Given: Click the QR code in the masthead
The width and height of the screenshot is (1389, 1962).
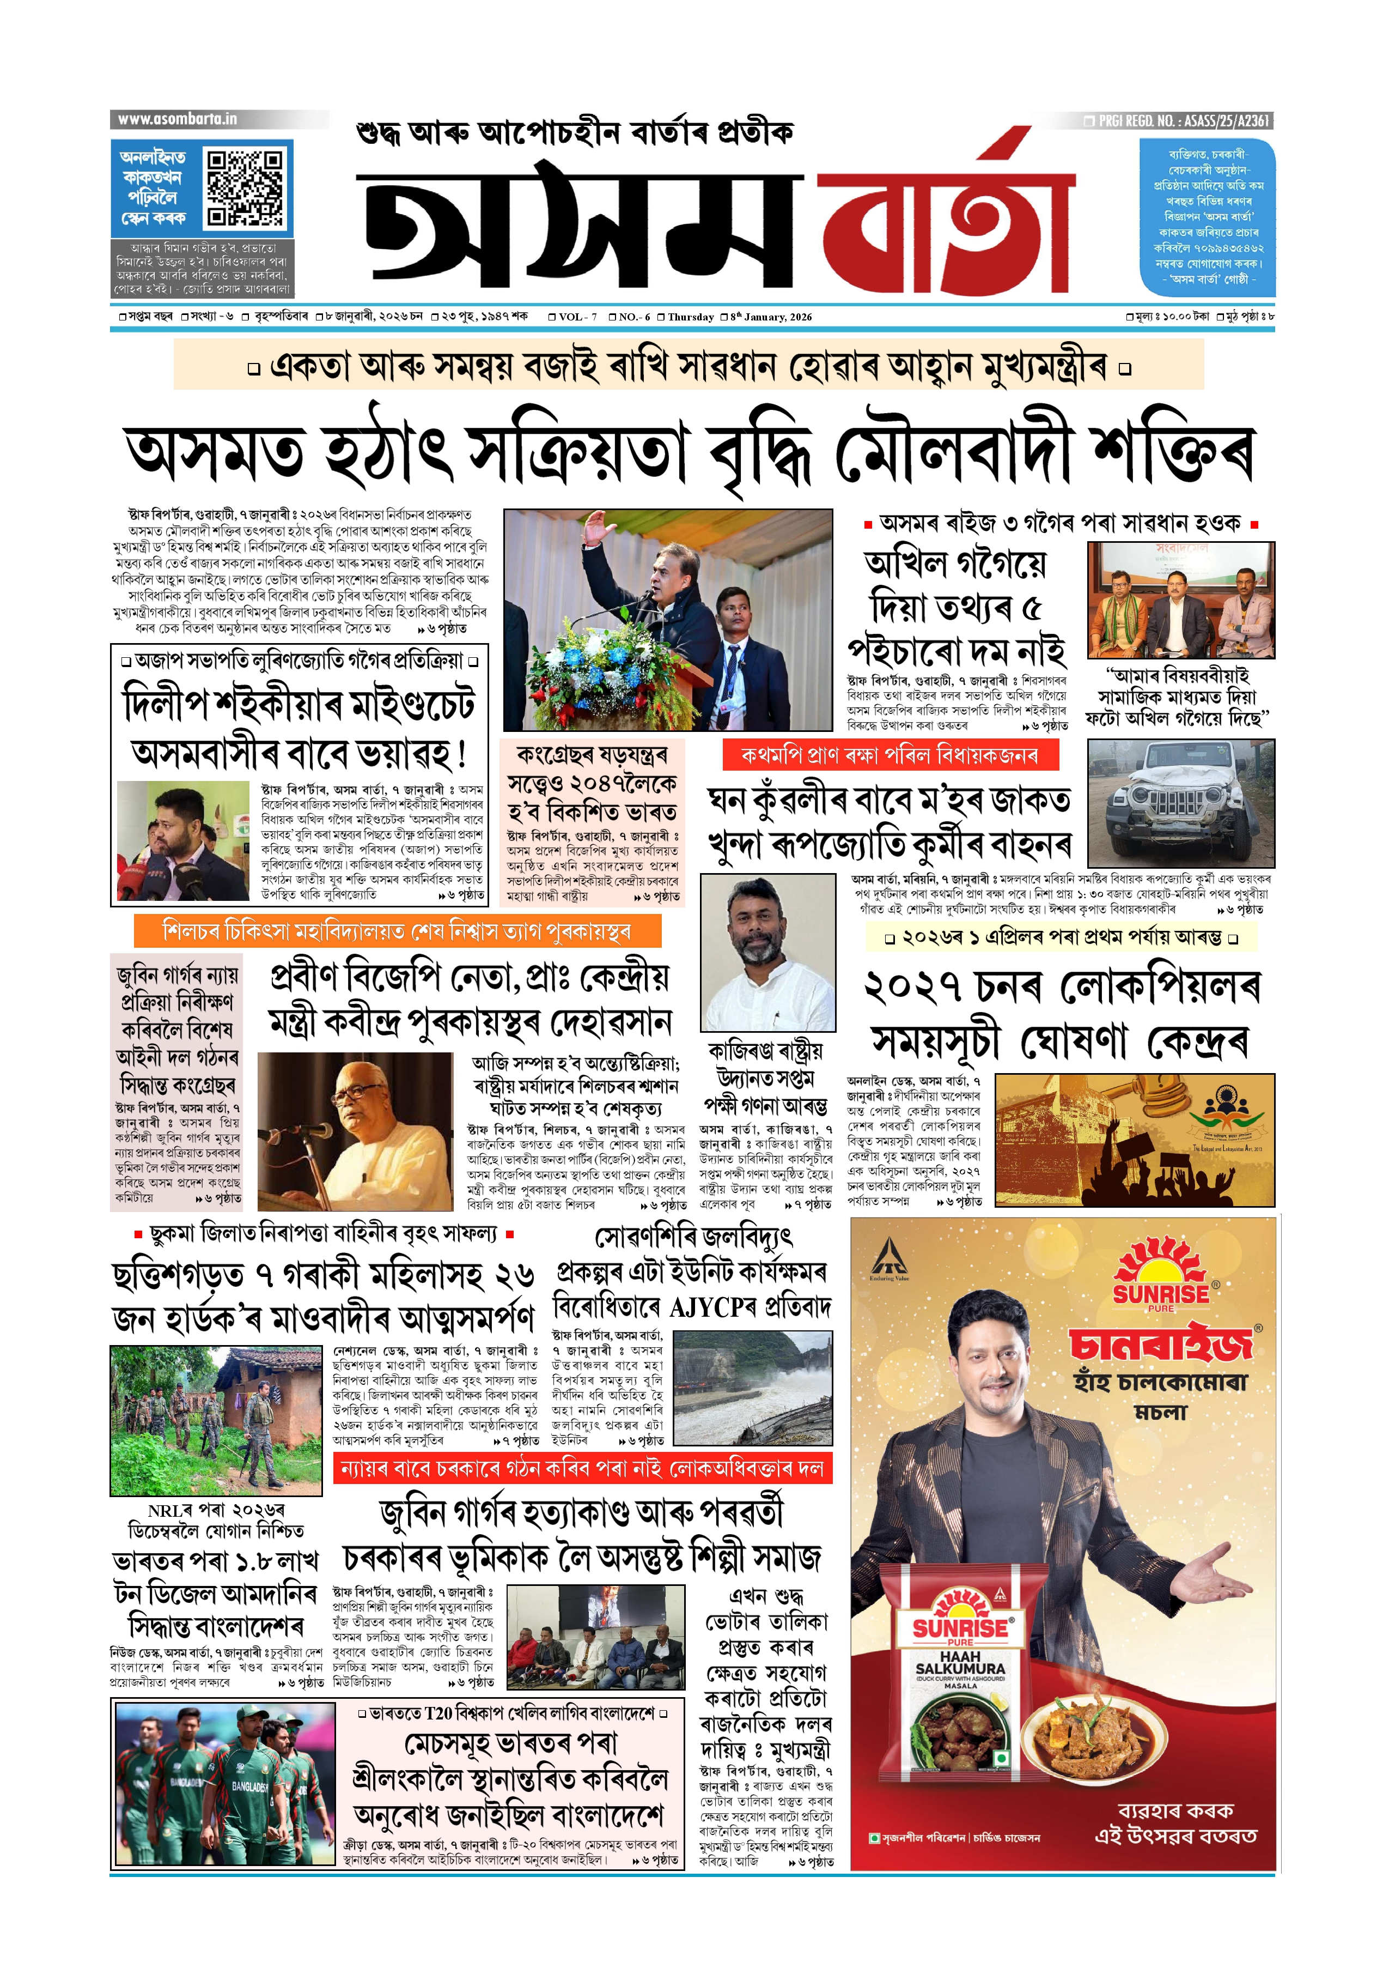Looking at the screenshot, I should coord(246,187).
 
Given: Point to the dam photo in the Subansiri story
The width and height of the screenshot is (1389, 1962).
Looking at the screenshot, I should coord(753,1388).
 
